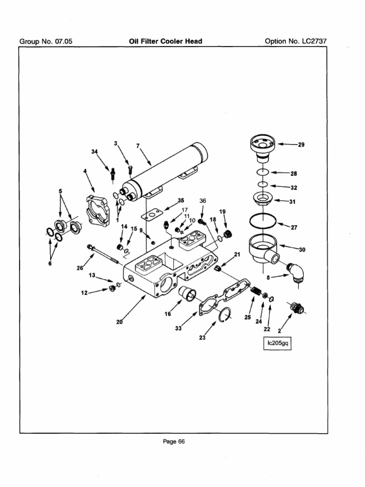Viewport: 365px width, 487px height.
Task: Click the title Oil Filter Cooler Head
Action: click(165, 41)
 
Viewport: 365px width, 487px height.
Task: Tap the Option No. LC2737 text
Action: click(296, 41)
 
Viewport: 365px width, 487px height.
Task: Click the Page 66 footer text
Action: click(173, 441)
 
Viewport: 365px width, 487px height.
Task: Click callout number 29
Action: click(301, 145)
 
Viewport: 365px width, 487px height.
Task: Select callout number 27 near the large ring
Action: click(294, 227)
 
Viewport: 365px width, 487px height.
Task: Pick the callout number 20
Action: click(119, 322)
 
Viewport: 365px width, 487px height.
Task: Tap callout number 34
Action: click(94, 152)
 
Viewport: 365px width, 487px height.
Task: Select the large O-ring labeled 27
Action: click(262, 221)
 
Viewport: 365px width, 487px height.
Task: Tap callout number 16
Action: click(168, 314)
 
